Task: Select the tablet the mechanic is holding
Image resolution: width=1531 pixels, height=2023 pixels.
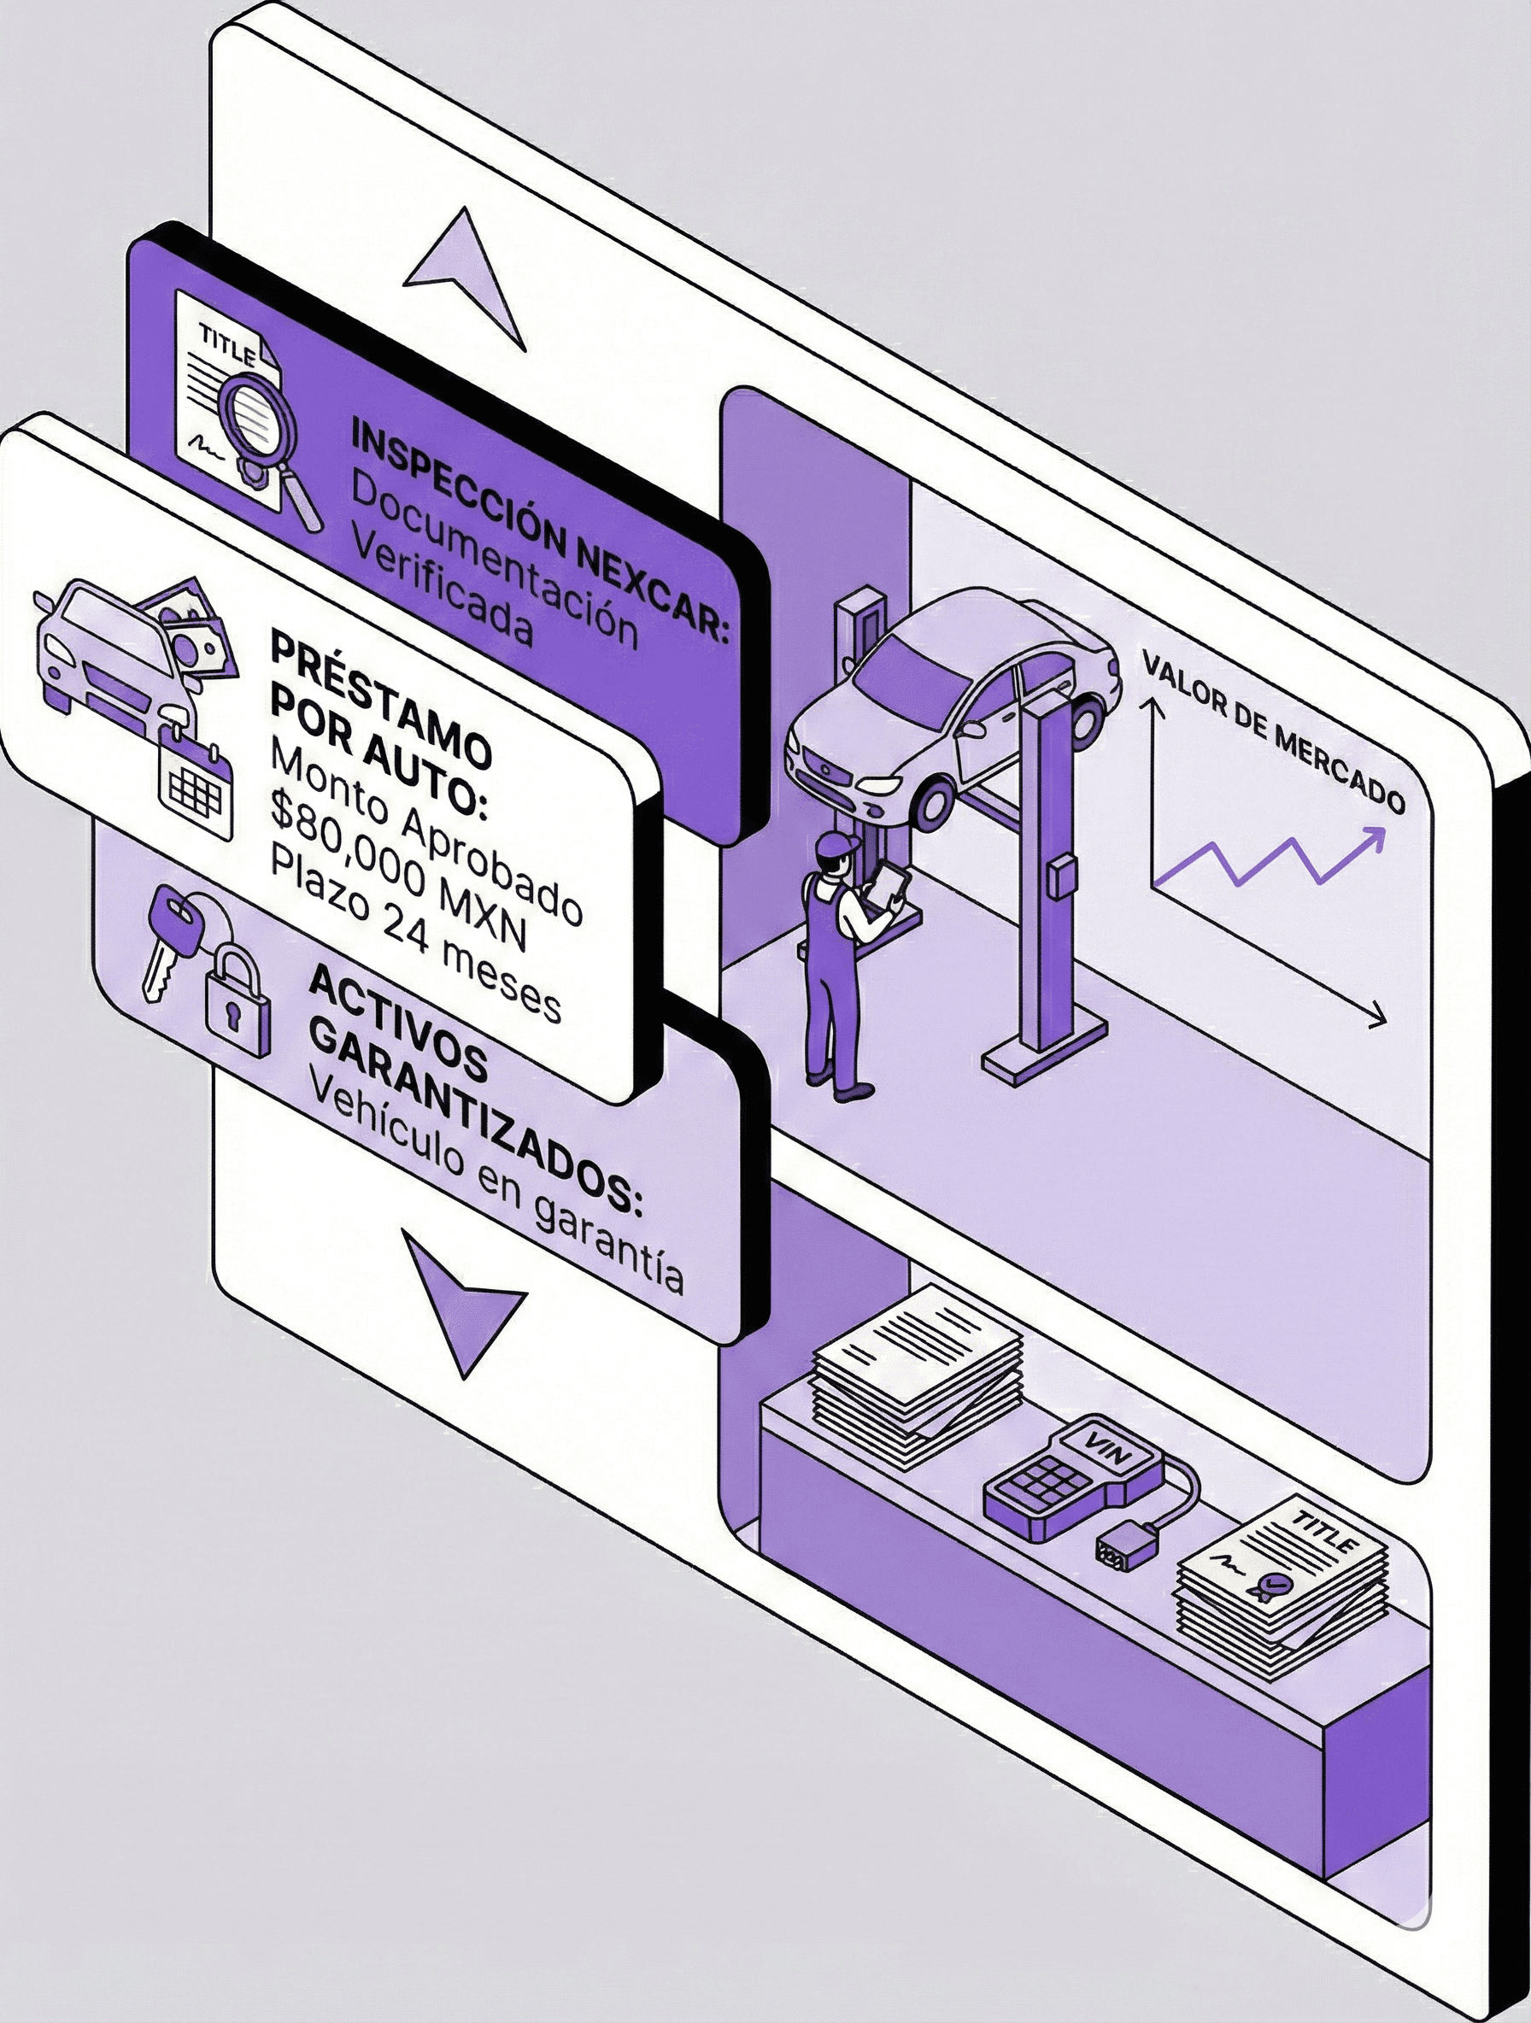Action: click(890, 883)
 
